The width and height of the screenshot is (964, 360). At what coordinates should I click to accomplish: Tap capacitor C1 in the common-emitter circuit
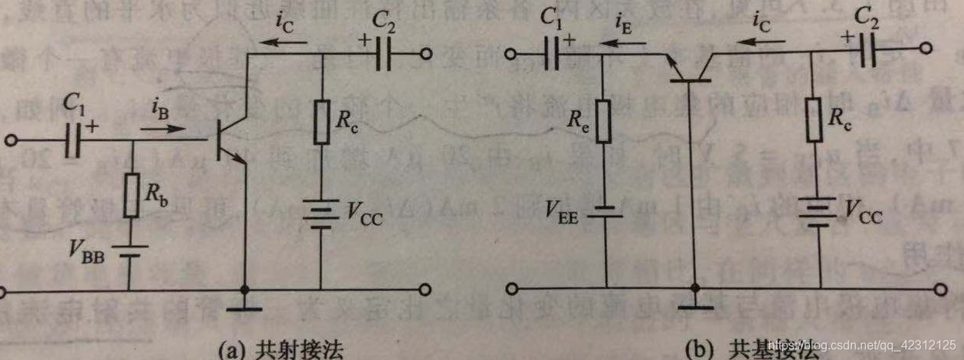point(75,141)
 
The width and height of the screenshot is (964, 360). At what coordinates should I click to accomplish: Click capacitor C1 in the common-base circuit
point(552,56)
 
